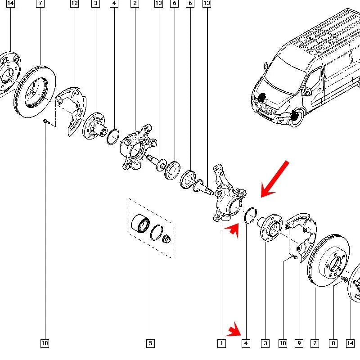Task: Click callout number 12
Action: pos(74,3)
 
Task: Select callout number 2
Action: pos(135,3)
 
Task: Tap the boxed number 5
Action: pos(150,343)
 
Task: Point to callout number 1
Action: pos(221,343)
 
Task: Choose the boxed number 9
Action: pos(299,343)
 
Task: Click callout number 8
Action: pos(333,343)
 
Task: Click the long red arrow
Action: pos(274,179)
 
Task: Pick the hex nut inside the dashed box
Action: pos(166,239)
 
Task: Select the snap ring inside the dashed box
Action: pos(157,232)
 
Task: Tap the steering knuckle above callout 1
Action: pos(229,194)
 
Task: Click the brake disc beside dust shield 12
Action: pos(35,91)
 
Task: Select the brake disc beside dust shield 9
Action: pos(328,261)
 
